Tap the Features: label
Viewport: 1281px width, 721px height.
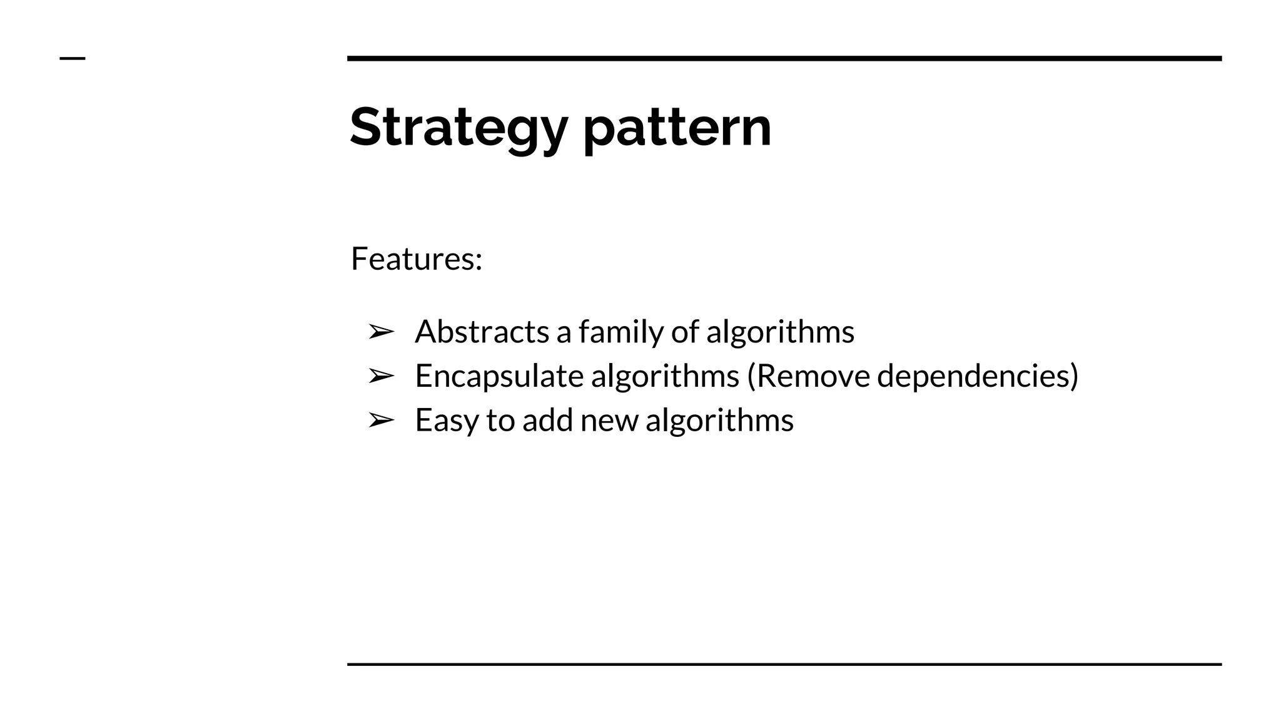click(417, 258)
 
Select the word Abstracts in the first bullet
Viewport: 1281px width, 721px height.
click(482, 332)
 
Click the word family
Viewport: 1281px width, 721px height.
click(620, 332)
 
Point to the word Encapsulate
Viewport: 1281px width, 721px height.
click(499, 376)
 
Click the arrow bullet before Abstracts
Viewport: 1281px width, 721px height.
click(381, 332)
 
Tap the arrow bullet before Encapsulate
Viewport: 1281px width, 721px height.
click(381, 376)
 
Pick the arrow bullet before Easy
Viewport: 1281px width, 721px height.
click(381, 420)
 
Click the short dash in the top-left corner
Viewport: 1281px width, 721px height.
click(73, 58)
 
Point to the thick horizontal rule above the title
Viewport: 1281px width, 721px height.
click(784, 58)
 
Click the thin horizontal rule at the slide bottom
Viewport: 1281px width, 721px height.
click(784, 664)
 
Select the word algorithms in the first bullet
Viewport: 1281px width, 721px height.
click(780, 332)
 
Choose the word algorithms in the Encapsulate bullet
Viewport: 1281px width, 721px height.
click(665, 376)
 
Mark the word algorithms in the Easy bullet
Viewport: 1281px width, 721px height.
click(719, 420)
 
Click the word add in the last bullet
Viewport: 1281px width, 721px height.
click(547, 420)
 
